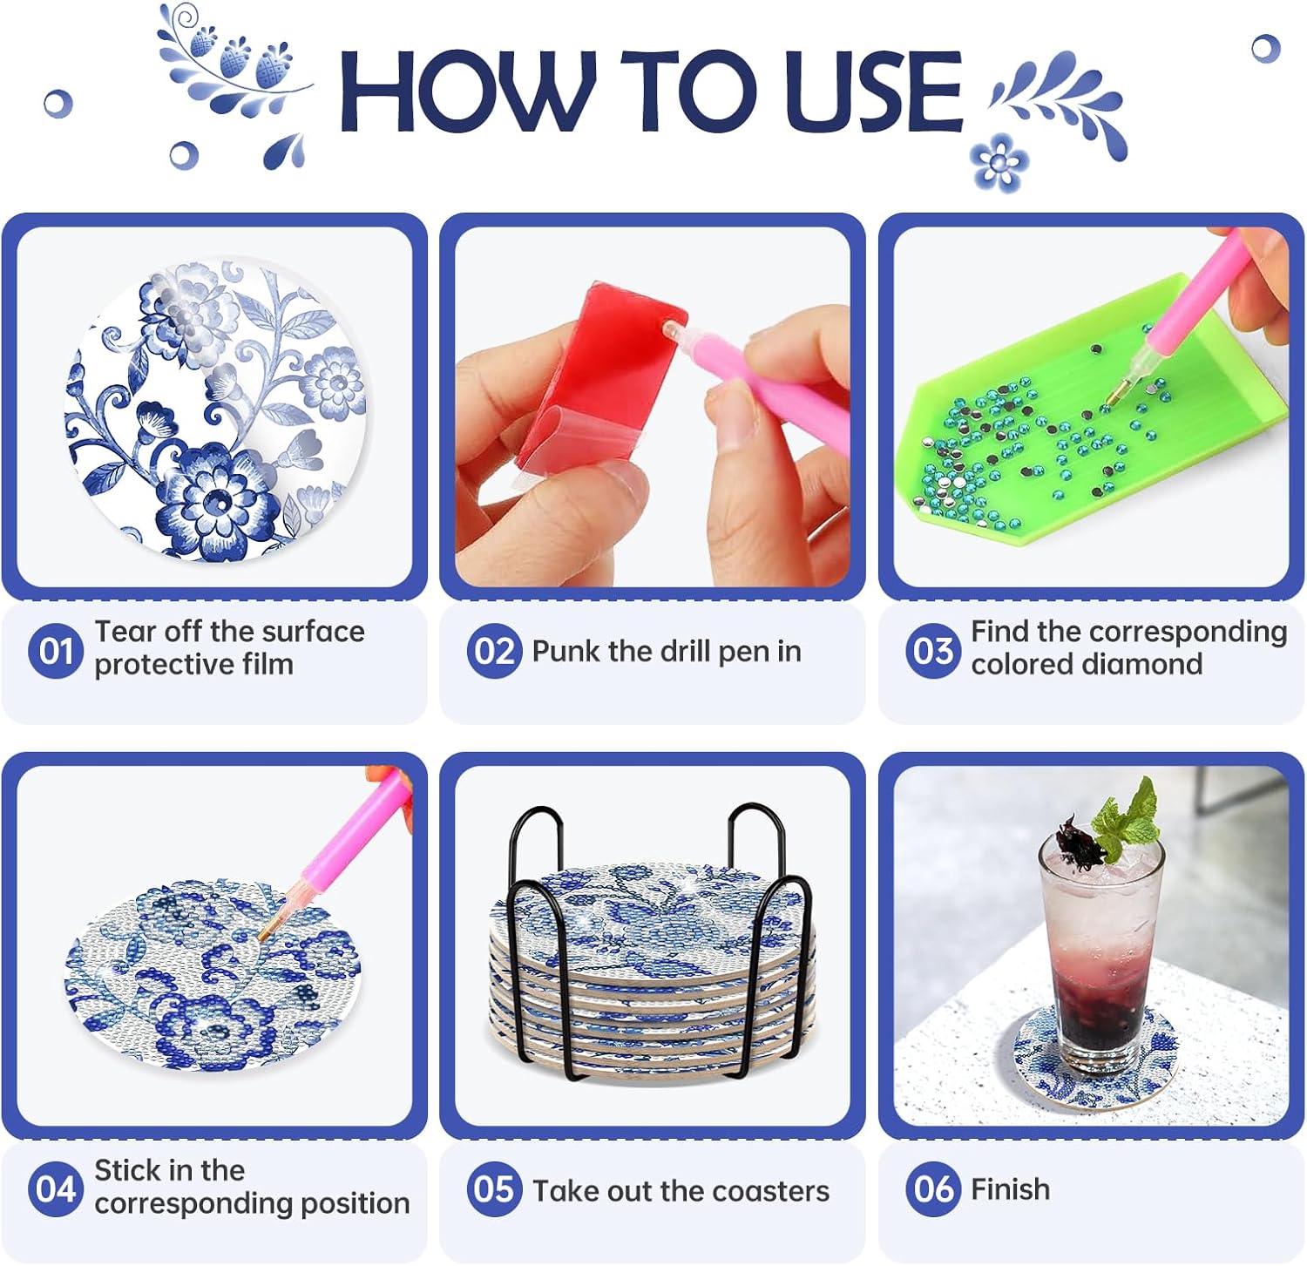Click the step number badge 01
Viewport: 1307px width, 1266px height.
pos(56,650)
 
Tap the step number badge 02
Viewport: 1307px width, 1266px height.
pos(494,650)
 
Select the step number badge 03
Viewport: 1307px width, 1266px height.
pos(933,650)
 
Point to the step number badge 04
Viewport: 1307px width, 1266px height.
pos(56,1188)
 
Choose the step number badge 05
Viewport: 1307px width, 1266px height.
pos(494,1188)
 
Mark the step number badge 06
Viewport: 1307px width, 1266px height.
pos(933,1188)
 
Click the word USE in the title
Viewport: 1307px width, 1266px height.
pos(873,91)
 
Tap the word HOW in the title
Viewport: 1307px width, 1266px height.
pos(469,91)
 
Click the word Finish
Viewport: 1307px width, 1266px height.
pos(1011,1188)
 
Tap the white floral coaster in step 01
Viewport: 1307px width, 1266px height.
pos(218,410)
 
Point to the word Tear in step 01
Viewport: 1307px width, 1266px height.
pos(125,631)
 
